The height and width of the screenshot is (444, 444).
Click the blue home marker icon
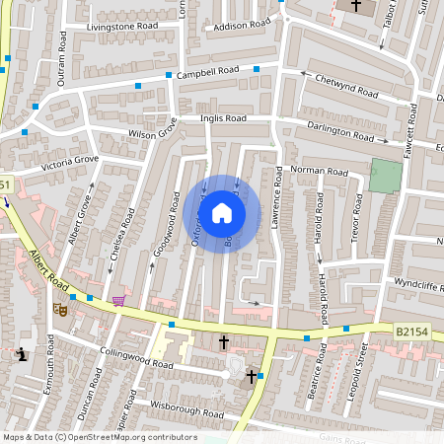point(222,213)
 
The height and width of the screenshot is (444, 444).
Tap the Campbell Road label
point(208,73)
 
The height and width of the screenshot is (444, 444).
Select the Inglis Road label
point(223,118)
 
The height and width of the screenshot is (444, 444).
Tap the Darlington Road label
point(339,133)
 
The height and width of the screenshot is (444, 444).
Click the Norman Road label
point(319,171)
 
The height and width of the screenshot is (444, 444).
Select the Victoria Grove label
point(70,163)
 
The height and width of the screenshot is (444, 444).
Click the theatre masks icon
point(59,309)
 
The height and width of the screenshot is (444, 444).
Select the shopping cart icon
point(118,301)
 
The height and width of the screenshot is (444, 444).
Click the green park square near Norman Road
point(386,176)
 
